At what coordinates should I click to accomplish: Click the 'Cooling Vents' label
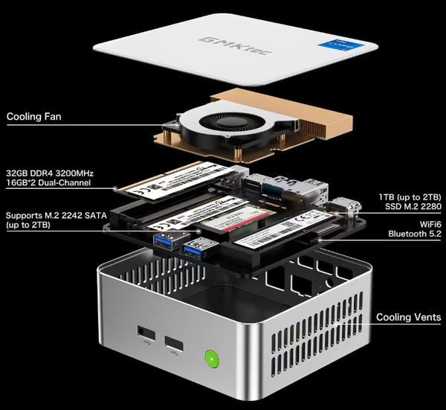click(408, 318)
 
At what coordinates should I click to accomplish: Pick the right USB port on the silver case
click(175, 343)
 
